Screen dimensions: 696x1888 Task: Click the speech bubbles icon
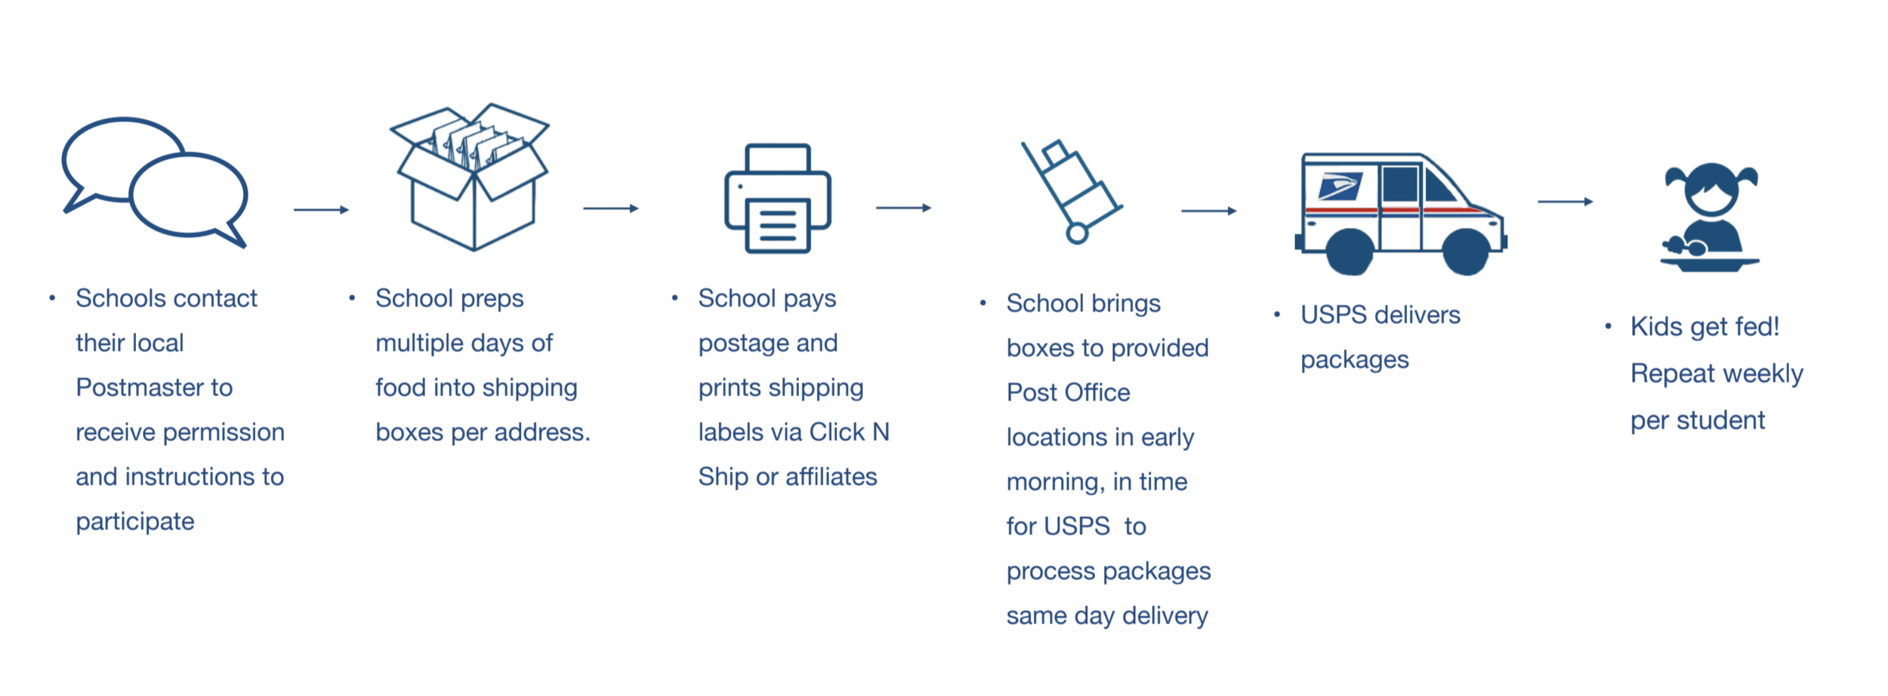tap(155, 183)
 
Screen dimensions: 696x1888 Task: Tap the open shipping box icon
tap(473, 178)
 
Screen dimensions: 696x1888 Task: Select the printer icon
tap(778, 199)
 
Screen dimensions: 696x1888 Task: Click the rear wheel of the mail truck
tap(1350, 251)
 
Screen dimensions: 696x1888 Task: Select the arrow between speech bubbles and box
tap(321, 210)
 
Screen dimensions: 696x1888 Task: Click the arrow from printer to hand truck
tap(904, 208)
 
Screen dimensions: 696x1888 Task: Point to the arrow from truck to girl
tap(1566, 202)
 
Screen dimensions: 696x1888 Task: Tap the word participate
tap(135, 522)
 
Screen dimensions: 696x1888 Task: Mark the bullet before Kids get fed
tap(1608, 326)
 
